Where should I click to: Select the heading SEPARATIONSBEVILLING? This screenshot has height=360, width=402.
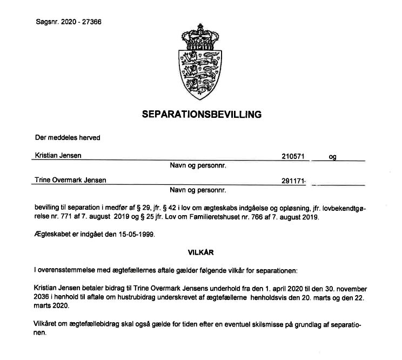pyautogui.click(x=202, y=115)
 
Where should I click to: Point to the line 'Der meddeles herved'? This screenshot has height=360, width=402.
pyautogui.click(x=68, y=137)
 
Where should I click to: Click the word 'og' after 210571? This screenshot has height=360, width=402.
pyautogui.click(x=333, y=157)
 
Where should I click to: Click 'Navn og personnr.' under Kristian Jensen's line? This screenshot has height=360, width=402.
pyautogui.click(x=198, y=166)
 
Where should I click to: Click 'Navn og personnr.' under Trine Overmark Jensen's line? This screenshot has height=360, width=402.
pyautogui.click(x=198, y=190)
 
